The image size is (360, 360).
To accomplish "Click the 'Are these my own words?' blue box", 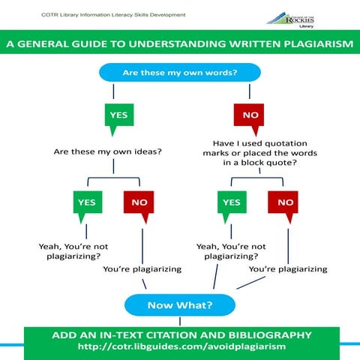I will pyautogui.click(x=179, y=73).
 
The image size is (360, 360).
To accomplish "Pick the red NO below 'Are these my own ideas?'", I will pyautogui.click(x=139, y=202).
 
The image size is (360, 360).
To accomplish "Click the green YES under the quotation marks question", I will pyautogui.click(x=232, y=202).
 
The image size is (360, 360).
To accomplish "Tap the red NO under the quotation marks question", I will pyautogui.click(x=285, y=202).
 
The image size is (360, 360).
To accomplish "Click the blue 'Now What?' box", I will pyautogui.click(x=179, y=304).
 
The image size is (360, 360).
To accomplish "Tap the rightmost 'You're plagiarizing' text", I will pyautogui.click(x=288, y=268).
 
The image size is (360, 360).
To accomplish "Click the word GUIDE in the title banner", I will pyautogui.click(x=89, y=45).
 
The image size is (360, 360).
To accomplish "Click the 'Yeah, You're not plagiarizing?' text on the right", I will pyautogui.click(x=230, y=250).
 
